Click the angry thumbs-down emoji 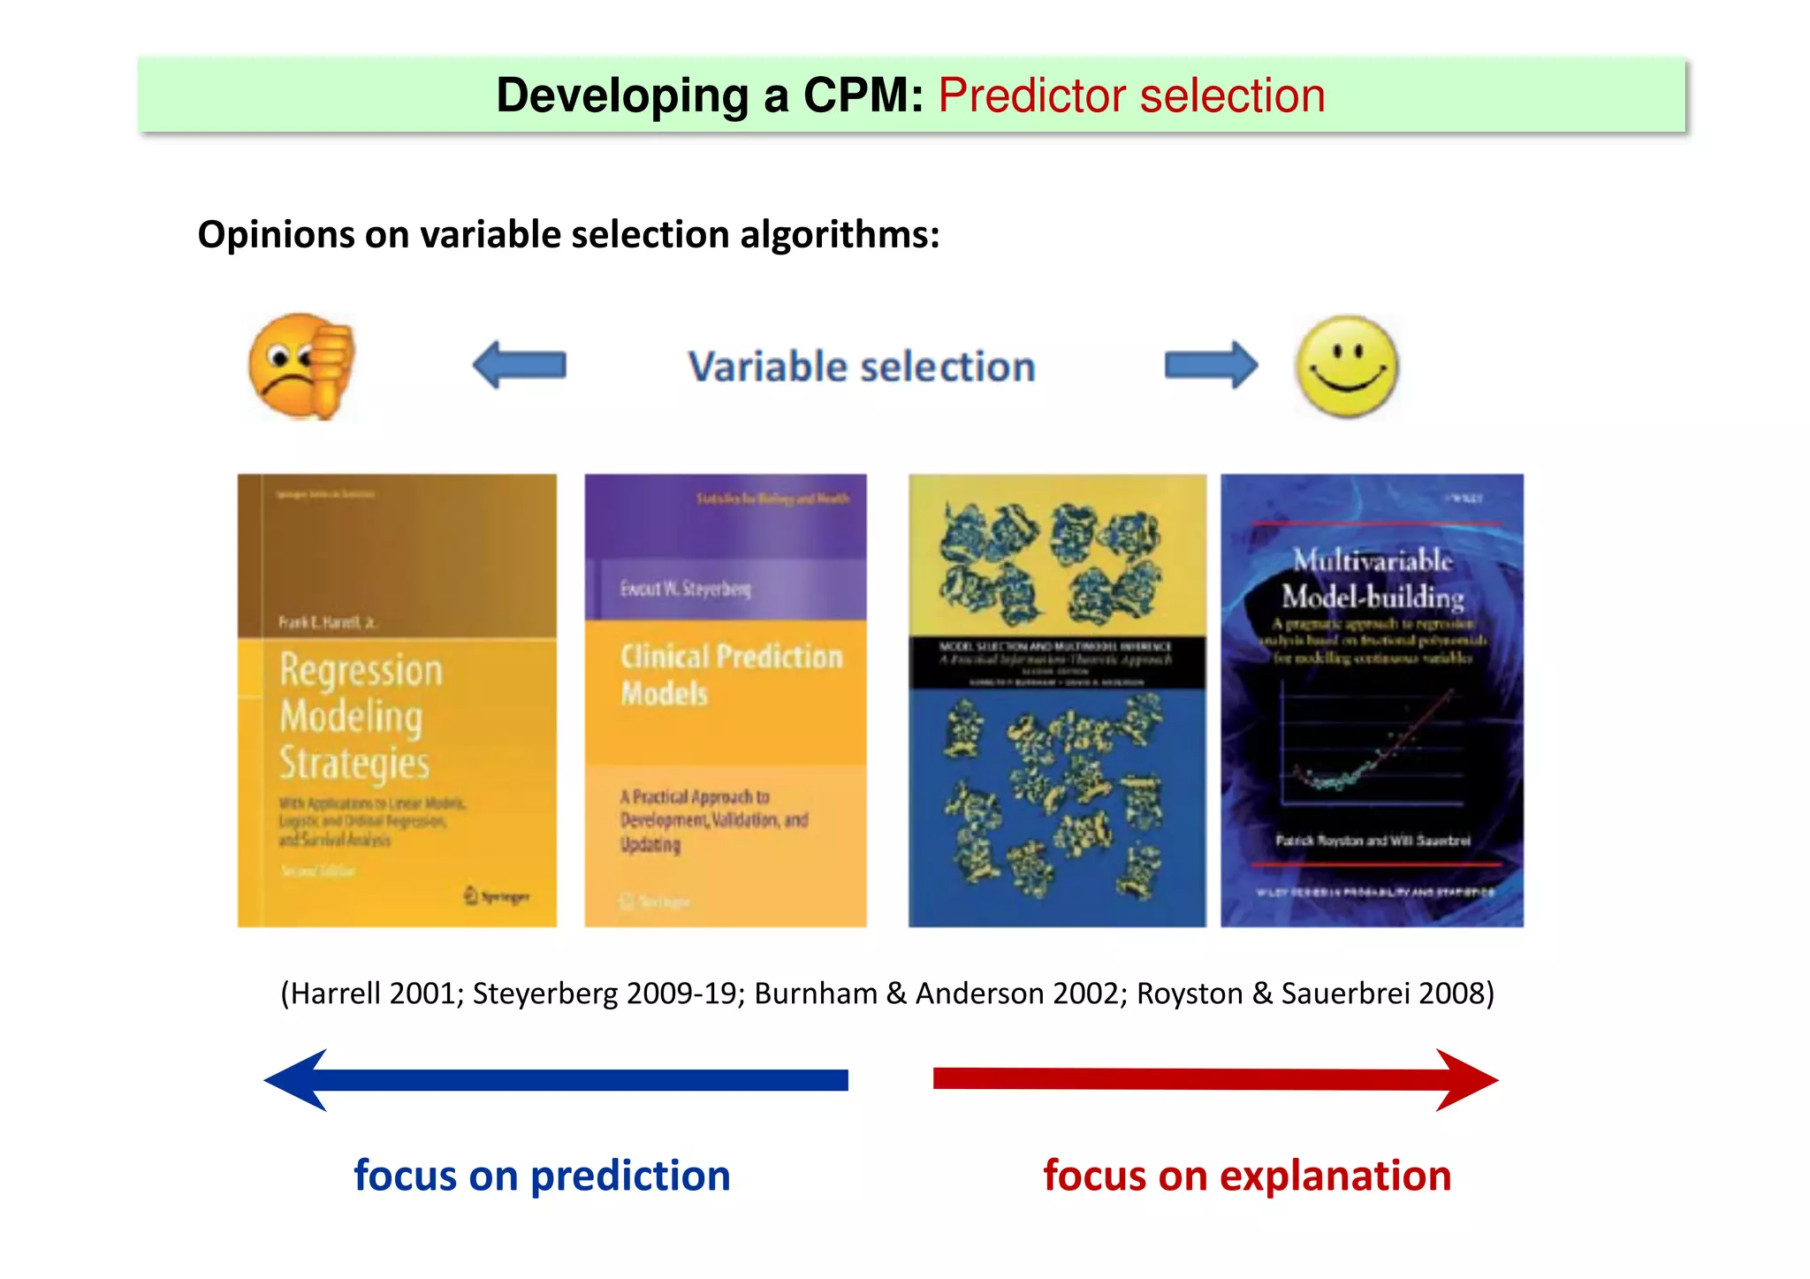[301, 366]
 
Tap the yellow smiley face [1346, 366]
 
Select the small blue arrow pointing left [520, 365]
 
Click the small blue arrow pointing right [1211, 365]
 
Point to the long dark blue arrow [556, 1079]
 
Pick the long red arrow [1215, 1079]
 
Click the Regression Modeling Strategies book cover [397, 700]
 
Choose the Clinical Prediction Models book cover [725, 700]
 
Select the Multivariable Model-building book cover [1372, 700]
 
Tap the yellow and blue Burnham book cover [1057, 700]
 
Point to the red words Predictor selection [1131, 95]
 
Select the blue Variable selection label [862, 367]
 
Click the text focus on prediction [542, 1176]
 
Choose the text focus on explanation [1247, 1176]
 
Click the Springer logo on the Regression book [497, 896]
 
